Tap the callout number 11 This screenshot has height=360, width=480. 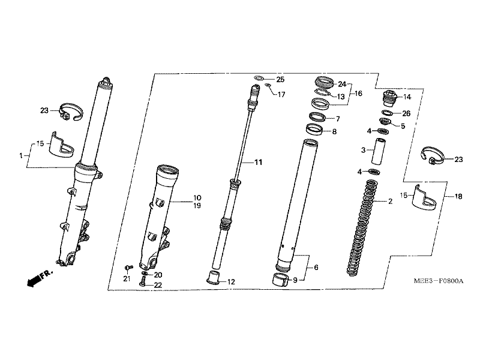click(x=259, y=163)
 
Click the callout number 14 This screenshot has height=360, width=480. click(x=407, y=97)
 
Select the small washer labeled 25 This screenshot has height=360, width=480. click(x=259, y=79)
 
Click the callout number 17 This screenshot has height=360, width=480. click(x=281, y=95)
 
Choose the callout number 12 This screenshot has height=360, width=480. click(x=232, y=281)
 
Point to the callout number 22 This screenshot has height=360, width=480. click(x=158, y=285)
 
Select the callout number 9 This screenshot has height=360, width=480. click(x=295, y=279)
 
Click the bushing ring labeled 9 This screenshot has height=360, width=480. click(x=278, y=279)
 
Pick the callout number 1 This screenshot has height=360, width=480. click(x=20, y=155)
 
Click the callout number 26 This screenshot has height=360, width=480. click(x=407, y=113)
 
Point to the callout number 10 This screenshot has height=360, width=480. click(x=197, y=197)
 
